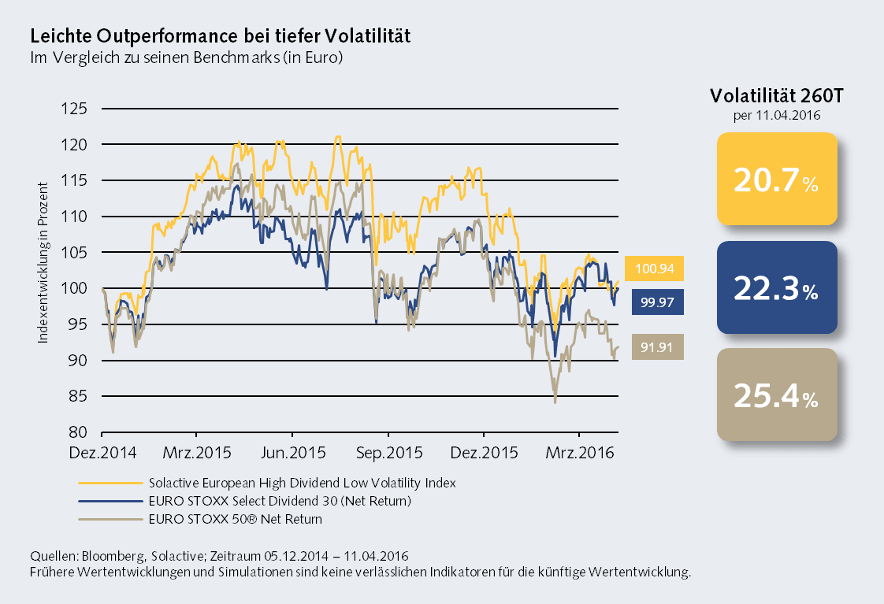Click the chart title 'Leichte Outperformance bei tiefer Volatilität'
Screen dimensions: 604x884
click(x=219, y=36)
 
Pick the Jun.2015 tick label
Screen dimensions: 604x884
click(x=292, y=454)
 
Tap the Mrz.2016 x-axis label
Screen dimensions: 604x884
click(x=579, y=454)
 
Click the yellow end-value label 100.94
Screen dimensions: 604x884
click(x=654, y=269)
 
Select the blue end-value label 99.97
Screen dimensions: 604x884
click(x=654, y=302)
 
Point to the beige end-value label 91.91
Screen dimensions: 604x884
click(x=654, y=347)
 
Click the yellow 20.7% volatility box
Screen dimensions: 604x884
click(x=776, y=180)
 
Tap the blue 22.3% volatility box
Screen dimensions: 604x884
click(x=776, y=288)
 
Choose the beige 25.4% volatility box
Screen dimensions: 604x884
click(x=776, y=395)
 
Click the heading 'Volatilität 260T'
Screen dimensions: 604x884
click(x=776, y=97)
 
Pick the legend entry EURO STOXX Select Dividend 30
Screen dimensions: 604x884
click(x=280, y=500)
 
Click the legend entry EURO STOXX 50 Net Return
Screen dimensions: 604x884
click(x=235, y=519)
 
